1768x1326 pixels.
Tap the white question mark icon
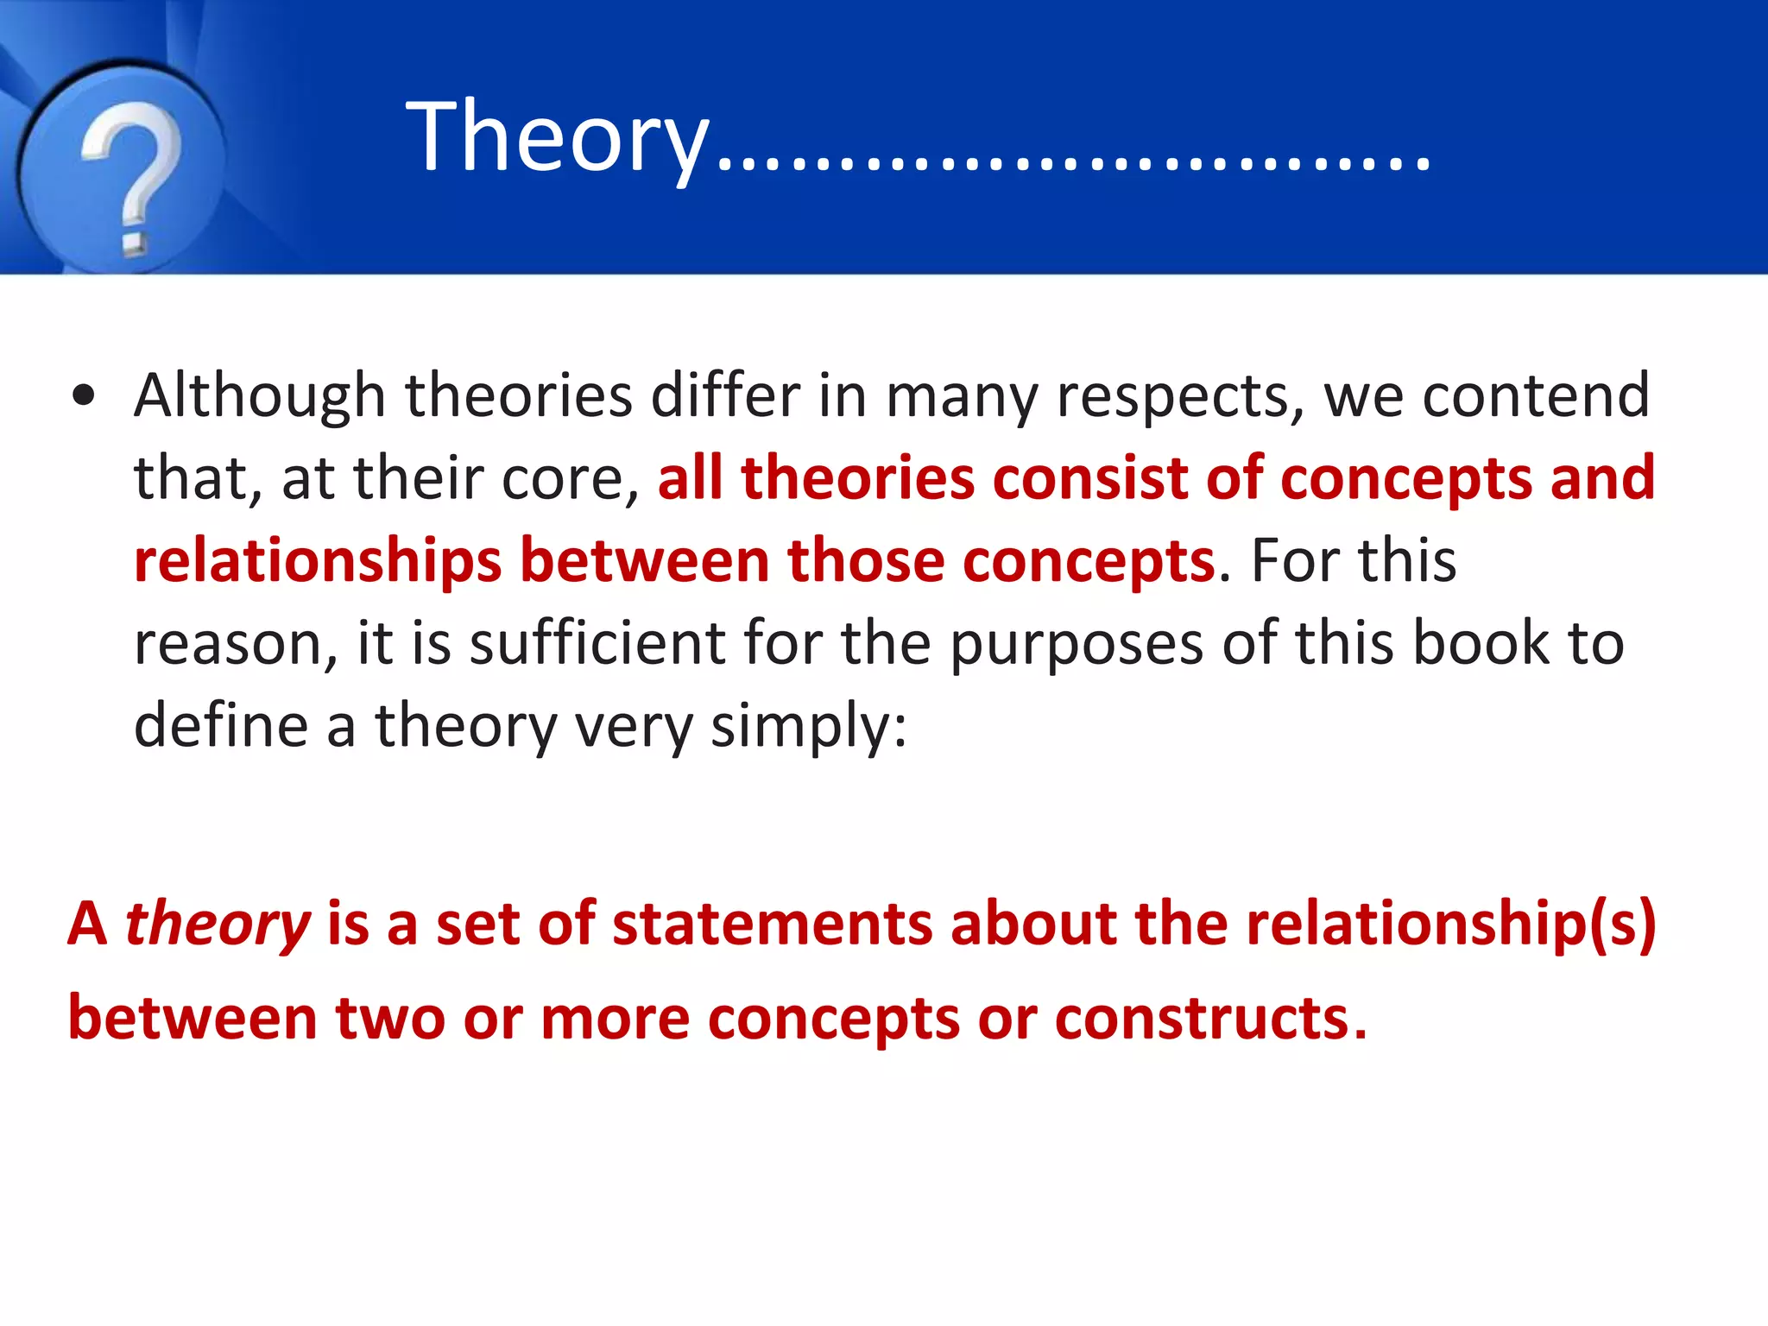tap(131, 173)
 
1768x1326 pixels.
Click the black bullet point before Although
tap(84, 397)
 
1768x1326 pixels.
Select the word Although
tap(259, 395)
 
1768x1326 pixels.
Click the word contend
tap(1536, 395)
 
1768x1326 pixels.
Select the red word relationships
tap(317, 562)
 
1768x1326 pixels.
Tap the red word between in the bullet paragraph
tap(644, 560)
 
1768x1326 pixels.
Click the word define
tap(220, 725)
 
